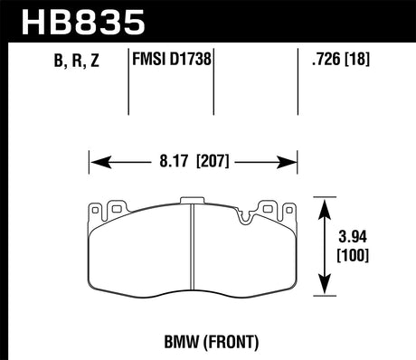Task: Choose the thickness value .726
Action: coord(325,61)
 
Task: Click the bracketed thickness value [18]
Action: coord(361,61)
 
